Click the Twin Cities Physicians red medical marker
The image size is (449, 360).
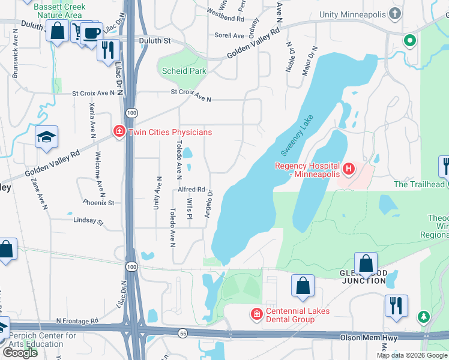[119, 131]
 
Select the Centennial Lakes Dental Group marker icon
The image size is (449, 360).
[256, 314]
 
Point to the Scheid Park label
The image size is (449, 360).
[184, 71]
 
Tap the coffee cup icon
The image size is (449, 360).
[92, 32]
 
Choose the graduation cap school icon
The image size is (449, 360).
[46, 137]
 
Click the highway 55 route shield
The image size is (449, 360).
[181, 332]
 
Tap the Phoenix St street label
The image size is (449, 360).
[99, 203]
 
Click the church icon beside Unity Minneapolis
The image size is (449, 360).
[394, 13]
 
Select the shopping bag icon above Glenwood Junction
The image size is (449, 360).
[366, 263]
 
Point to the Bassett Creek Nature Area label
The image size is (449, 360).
[60, 11]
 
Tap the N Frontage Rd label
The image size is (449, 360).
[77, 322]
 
